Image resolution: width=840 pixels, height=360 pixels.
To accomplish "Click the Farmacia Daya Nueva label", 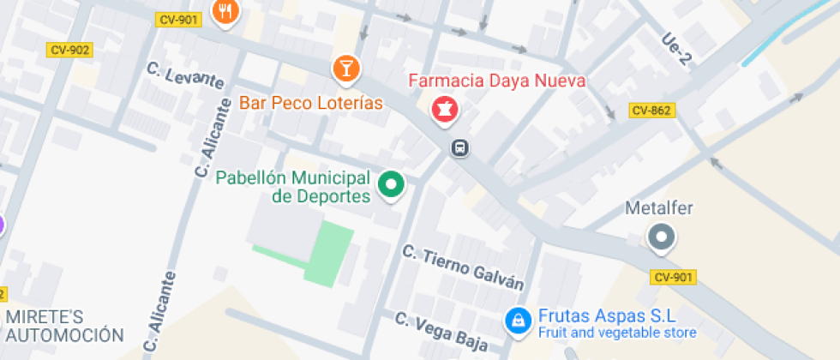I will [x=497, y=81].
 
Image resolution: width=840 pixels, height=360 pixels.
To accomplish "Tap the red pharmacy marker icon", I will [x=444, y=109].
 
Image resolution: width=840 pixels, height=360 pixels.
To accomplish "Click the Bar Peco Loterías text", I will [x=310, y=103].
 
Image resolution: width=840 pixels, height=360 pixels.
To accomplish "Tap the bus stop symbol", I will [x=460, y=148].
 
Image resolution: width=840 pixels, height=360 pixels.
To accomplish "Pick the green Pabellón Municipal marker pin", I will [x=392, y=183].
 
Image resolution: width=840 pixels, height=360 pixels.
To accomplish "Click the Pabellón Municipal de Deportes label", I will [x=293, y=187].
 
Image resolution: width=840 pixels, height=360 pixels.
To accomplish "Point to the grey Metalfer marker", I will [x=662, y=237].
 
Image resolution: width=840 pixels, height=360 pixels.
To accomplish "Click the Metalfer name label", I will [x=659, y=208].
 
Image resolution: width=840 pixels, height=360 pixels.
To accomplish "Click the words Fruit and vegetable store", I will [x=616, y=333].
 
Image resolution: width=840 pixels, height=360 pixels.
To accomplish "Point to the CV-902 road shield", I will [x=70, y=50].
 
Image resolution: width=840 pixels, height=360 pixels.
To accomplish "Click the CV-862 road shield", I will [x=651, y=110].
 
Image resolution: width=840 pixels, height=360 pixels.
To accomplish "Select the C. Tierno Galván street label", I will [x=463, y=267].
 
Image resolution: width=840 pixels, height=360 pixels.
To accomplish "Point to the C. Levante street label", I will [x=185, y=75].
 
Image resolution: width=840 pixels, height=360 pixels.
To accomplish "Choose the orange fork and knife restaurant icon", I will [x=226, y=11].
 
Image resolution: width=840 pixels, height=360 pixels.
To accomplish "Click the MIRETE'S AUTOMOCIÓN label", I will [x=65, y=326].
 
